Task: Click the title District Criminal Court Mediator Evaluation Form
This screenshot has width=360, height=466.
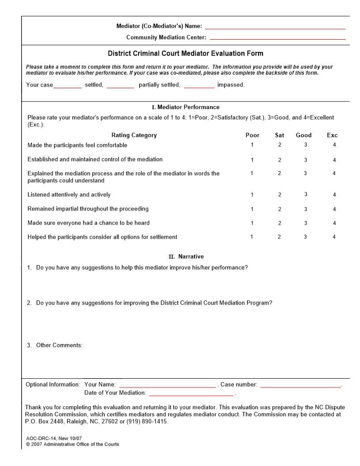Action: [x=185, y=53]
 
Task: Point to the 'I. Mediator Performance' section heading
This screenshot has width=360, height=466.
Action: [x=185, y=107]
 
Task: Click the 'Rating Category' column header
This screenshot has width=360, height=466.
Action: [x=134, y=135]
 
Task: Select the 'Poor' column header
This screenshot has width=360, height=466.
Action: [x=252, y=135]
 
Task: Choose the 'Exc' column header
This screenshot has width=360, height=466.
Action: [x=332, y=135]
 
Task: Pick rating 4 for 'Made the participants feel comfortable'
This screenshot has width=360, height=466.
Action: [x=334, y=145]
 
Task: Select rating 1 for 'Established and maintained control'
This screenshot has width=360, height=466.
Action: [x=252, y=160]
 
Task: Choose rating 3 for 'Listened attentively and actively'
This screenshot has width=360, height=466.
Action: [x=305, y=194]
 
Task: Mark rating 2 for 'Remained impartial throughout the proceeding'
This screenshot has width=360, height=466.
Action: [x=280, y=209]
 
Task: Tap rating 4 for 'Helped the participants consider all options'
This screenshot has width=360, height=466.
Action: [x=334, y=237]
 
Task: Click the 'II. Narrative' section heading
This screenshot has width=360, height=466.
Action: [x=185, y=256]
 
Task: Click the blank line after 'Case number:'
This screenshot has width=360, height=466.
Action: [x=300, y=386]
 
